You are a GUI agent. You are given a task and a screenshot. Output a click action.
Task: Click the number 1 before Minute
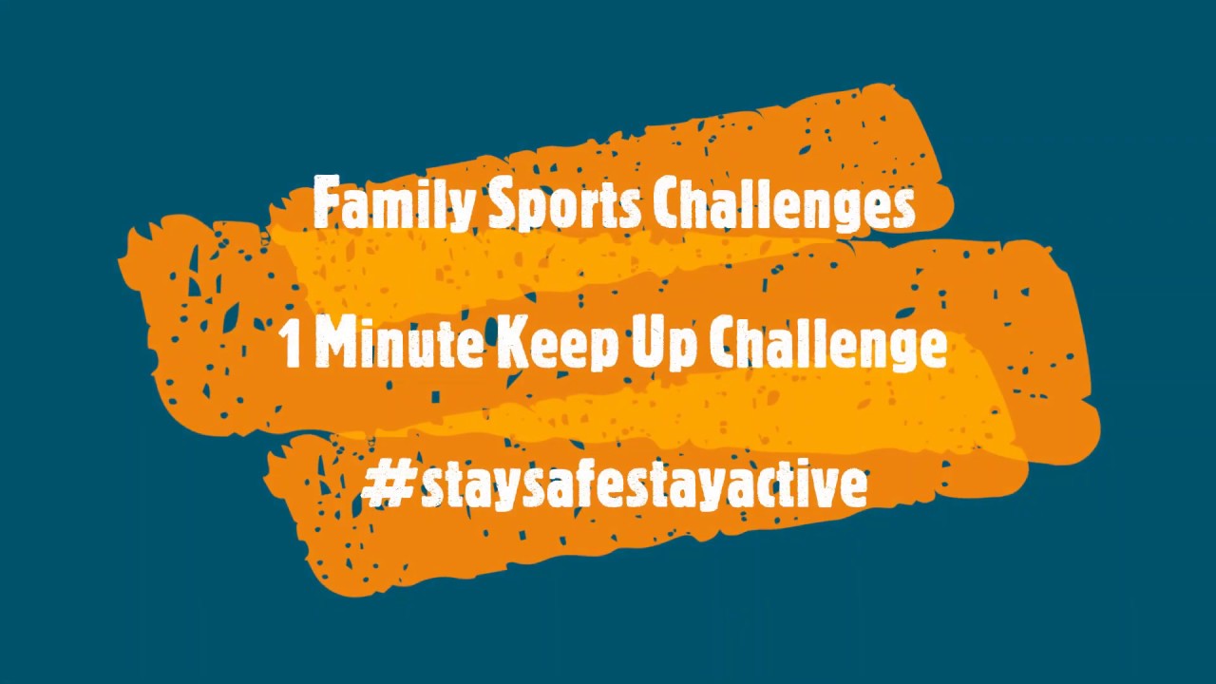[x=293, y=344]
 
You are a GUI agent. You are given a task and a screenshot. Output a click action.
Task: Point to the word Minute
[x=398, y=344]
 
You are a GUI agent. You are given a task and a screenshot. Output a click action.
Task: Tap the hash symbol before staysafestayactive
[x=387, y=484]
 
